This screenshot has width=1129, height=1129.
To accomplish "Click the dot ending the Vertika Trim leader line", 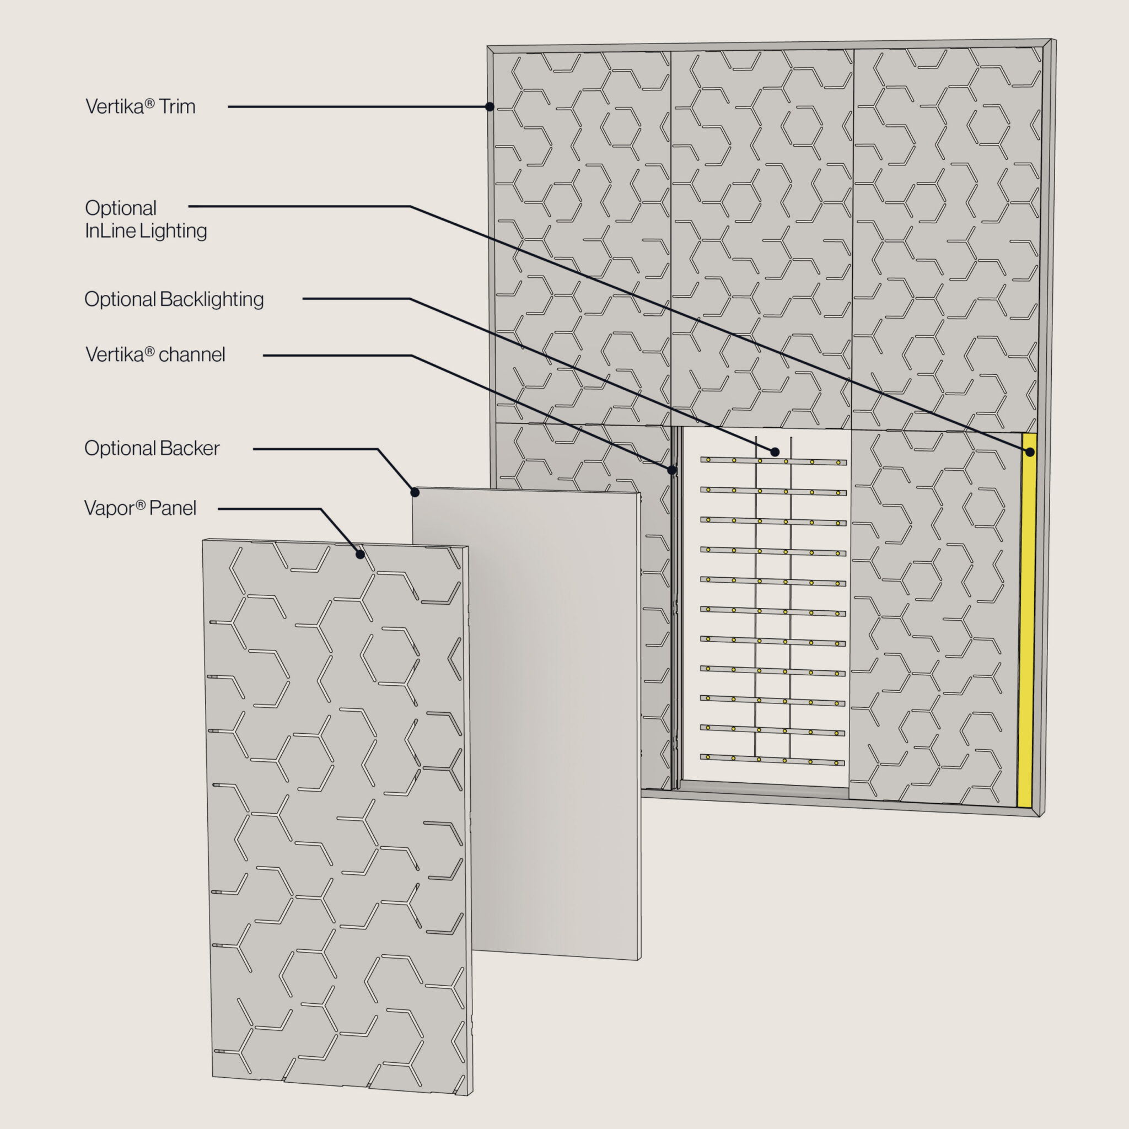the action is (490, 107).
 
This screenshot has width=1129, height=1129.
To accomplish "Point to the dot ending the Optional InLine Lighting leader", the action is (1030, 451).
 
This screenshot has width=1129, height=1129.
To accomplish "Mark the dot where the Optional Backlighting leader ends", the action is (775, 451).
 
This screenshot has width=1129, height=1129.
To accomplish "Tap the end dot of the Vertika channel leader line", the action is (672, 470).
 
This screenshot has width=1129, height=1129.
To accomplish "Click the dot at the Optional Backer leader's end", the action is (415, 493).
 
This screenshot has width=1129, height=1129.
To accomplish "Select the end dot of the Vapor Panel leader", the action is (361, 554).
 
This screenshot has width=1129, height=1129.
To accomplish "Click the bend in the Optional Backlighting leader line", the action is (410, 299).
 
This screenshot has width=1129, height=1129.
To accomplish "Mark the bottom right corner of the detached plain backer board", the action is (640, 960).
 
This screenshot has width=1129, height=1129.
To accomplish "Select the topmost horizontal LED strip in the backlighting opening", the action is (773, 461).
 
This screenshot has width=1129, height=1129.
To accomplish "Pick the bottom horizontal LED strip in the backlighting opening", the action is (772, 760).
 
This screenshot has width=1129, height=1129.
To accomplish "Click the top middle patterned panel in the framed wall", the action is (761, 238).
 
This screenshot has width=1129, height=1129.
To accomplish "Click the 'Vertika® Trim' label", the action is (140, 106).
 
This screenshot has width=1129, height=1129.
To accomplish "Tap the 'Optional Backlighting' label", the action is (174, 299).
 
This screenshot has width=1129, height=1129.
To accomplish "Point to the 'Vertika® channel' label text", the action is (155, 354).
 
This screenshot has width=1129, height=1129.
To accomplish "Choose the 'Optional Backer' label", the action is (152, 448).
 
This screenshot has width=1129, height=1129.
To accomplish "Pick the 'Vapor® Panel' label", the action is (140, 508).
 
